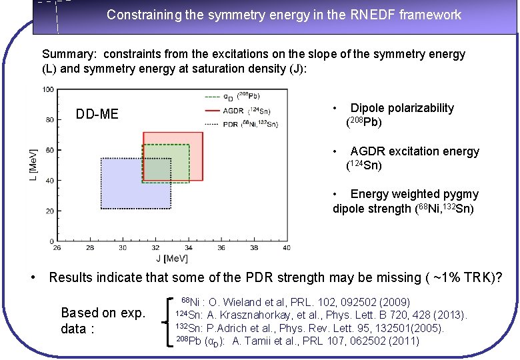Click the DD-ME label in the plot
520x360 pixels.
[97, 115]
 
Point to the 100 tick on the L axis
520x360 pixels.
[49, 89]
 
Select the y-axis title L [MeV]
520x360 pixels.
[33, 165]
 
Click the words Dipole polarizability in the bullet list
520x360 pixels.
[402, 108]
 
